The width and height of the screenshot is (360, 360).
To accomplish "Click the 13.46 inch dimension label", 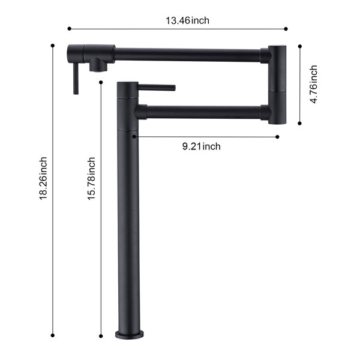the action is (x=187, y=20).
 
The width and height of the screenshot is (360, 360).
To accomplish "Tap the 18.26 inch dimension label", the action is (x=43, y=178).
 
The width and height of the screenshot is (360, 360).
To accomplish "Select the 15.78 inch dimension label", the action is (x=91, y=178).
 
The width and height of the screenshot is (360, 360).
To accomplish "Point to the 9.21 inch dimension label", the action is (x=202, y=146).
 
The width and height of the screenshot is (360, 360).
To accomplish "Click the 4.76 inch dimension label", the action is (x=313, y=84).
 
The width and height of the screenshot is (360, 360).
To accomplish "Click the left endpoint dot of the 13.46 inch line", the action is (x=70, y=29).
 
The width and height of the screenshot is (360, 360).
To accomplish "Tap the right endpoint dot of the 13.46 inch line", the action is (x=286, y=29).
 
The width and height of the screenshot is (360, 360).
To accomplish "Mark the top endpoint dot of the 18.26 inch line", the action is (x=53, y=46).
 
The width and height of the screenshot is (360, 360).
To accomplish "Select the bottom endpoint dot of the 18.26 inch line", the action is (x=53, y=335).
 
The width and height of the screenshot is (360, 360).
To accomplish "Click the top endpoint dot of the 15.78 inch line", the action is (x=101, y=82).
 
